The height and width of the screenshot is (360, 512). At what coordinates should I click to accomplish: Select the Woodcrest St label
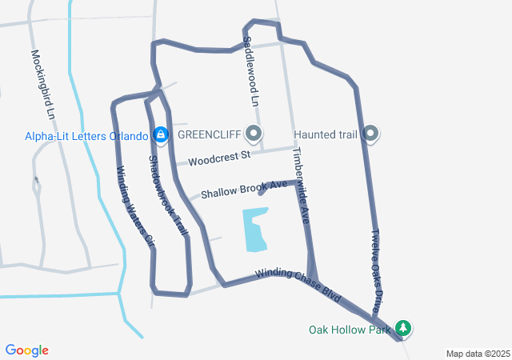pyautogui.click(x=219, y=158)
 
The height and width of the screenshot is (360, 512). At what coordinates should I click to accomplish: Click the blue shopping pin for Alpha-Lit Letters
pyautogui.click(x=161, y=134)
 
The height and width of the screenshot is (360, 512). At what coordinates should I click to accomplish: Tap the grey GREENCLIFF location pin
pyautogui.click(x=254, y=133)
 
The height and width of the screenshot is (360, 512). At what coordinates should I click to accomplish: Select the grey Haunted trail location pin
pyautogui.click(x=370, y=133)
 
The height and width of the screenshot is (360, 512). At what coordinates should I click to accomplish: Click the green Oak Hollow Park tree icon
pyautogui.click(x=405, y=328)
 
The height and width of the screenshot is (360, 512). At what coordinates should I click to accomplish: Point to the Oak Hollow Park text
pyautogui.click(x=350, y=329)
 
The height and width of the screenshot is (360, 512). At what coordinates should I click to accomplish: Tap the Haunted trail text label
pyautogui.click(x=326, y=134)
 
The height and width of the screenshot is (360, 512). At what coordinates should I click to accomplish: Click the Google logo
pyautogui.click(x=27, y=350)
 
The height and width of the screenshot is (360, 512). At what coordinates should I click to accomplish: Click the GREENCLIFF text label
pyautogui.click(x=209, y=134)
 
